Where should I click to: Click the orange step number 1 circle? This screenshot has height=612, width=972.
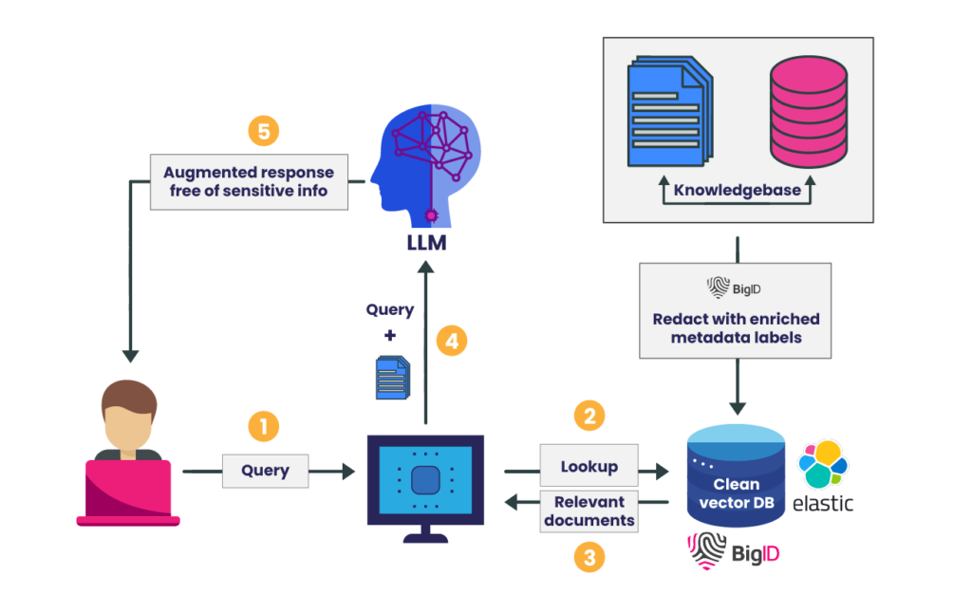pyautogui.click(x=264, y=427)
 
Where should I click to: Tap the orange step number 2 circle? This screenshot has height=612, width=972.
pyautogui.click(x=589, y=415)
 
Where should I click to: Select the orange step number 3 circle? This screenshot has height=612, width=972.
pyautogui.click(x=589, y=557)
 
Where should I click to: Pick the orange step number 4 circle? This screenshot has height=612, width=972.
pyautogui.click(x=452, y=341)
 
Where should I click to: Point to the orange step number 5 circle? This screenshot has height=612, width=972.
pyautogui.click(x=263, y=131)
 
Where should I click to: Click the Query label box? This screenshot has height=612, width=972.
pyautogui.click(x=265, y=471)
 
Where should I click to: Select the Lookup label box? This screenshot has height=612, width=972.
pyautogui.click(x=589, y=467)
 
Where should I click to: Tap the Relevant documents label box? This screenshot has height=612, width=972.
pyautogui.click(x=589, y=511)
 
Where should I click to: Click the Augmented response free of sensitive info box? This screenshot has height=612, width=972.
pyautogui.click(x=248, y=181)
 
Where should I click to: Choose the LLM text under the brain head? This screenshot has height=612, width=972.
pyautogui.click(x=425, y=244)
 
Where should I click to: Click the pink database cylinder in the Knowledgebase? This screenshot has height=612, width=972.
pyautogui.click(x=807, y=111)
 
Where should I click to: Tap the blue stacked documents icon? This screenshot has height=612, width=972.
pyautogui.click(x=667, y=112)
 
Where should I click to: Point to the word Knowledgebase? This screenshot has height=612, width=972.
pyautogui.click(x=737, y=190)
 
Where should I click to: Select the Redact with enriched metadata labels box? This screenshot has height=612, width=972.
pyautogui.click(x=736, y=310)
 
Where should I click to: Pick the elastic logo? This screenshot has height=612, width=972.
pyautogui.click(x=822, y=475)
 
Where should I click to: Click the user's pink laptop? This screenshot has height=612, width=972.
pyautogui.click(x=128, y=492)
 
